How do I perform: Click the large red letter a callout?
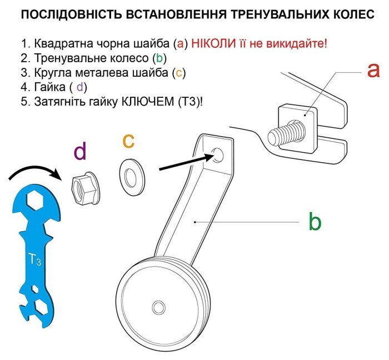(373, 71)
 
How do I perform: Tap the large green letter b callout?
(315, 222)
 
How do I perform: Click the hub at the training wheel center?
(158, 307)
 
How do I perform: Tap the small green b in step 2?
(158, 58)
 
